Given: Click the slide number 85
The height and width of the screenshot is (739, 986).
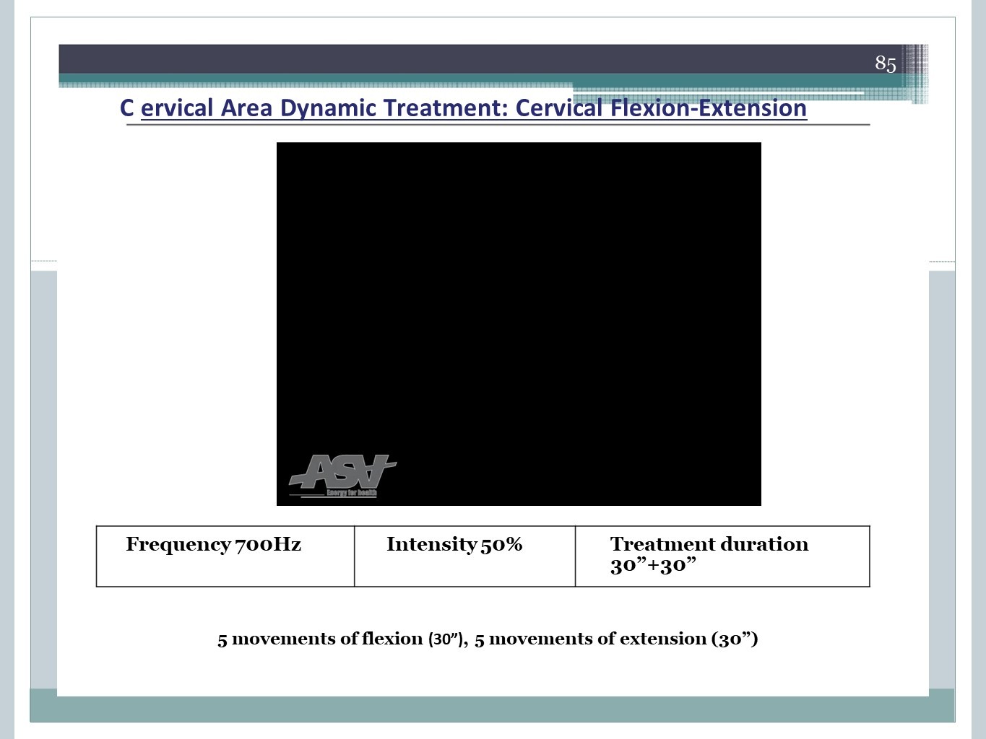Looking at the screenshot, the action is click(x=886, y=64).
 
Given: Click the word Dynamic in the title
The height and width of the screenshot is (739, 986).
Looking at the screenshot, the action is click(x=327, y=108).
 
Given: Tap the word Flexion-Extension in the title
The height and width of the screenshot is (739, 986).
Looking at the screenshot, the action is click(x=708, y=108).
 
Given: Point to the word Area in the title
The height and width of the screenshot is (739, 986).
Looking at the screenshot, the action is click(x=246, y=108).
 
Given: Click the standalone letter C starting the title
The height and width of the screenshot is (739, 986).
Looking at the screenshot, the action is click(x=126, y=108).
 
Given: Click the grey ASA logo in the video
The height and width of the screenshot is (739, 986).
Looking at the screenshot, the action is click(x=342, y=471).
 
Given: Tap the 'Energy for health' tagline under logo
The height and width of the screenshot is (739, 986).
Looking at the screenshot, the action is click(x=352, y=493).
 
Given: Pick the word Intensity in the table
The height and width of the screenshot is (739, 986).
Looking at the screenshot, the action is click(x=431, y=545).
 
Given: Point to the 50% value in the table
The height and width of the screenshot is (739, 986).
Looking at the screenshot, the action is click(x=501, y=544).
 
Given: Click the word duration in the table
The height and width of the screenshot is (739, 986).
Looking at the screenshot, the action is click(x=761, y=544).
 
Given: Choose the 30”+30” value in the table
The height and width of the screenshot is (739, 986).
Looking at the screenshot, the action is click(x=653, y=565).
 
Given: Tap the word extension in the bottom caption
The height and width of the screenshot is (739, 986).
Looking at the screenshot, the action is click(x=663, y=639).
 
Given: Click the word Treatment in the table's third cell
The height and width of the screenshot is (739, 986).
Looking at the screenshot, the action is click(x=659, y=544).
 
